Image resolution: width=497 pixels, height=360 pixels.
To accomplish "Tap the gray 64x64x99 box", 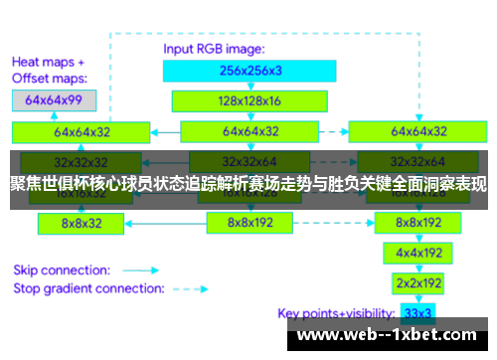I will [x=54, y=100].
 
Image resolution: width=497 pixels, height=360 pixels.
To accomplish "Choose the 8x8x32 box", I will [x=81, y=223].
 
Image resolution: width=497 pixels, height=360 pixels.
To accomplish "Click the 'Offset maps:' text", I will [x=50, y=77].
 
